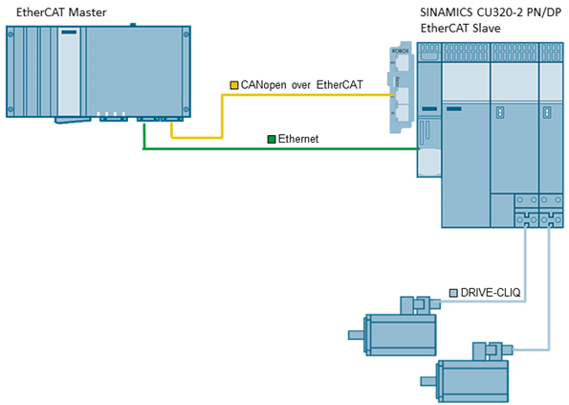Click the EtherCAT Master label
tap(61, 12)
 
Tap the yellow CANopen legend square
tap(234, 85)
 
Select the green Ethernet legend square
tap(272, 139)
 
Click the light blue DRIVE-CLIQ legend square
tap(453, 293)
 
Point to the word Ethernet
tap(298, 139)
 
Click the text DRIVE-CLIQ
tap(491, 292)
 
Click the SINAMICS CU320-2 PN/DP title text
tap(491, 12)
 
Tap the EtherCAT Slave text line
tap(461, 28)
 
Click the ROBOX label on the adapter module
tap(401, 51)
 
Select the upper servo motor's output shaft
tap(356, 334)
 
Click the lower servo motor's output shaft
tap(428, 381)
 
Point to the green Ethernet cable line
tap(281, 148)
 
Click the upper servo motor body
tap(400, 334)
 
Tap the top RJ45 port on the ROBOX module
tap(402, 63)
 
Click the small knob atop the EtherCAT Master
tap(133, 25)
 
